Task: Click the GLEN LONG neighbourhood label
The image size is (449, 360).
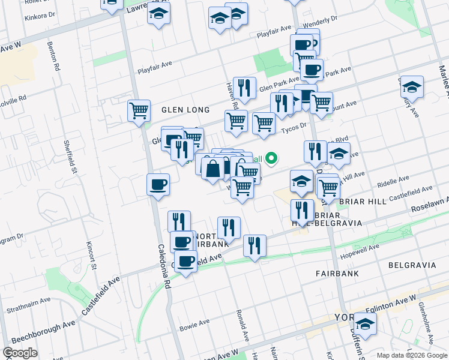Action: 185,110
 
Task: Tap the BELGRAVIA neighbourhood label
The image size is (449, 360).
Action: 411,265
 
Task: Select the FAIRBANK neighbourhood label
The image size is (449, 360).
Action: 337,273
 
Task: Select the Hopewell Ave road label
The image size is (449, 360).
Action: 361,250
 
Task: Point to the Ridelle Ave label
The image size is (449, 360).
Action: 393,180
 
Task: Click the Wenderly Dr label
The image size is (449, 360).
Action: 321,22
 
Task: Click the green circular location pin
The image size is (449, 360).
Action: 271,158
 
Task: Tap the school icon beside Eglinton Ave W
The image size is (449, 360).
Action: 365,324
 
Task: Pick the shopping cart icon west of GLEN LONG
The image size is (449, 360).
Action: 139,110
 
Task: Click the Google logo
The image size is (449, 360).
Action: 20,353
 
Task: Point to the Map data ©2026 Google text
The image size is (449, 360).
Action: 412,355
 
